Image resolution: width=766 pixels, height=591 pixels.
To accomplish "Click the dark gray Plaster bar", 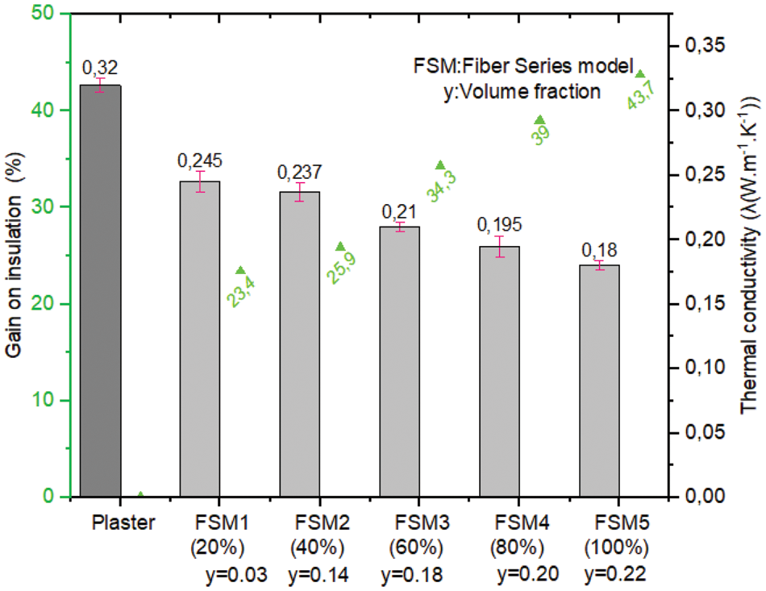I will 101,290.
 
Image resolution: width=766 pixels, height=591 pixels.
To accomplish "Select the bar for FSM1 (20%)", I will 199,339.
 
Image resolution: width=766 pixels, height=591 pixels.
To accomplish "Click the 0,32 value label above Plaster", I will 101,68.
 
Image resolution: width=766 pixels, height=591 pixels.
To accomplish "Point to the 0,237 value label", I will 299,172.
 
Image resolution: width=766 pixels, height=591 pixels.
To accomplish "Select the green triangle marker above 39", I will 540,120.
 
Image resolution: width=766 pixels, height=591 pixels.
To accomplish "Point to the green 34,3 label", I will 442,183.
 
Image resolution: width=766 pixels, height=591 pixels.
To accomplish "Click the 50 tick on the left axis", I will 52,14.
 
